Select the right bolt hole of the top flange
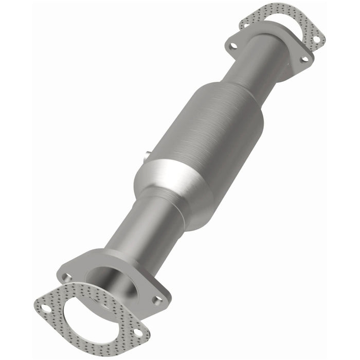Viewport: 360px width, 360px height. click(304, 59)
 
